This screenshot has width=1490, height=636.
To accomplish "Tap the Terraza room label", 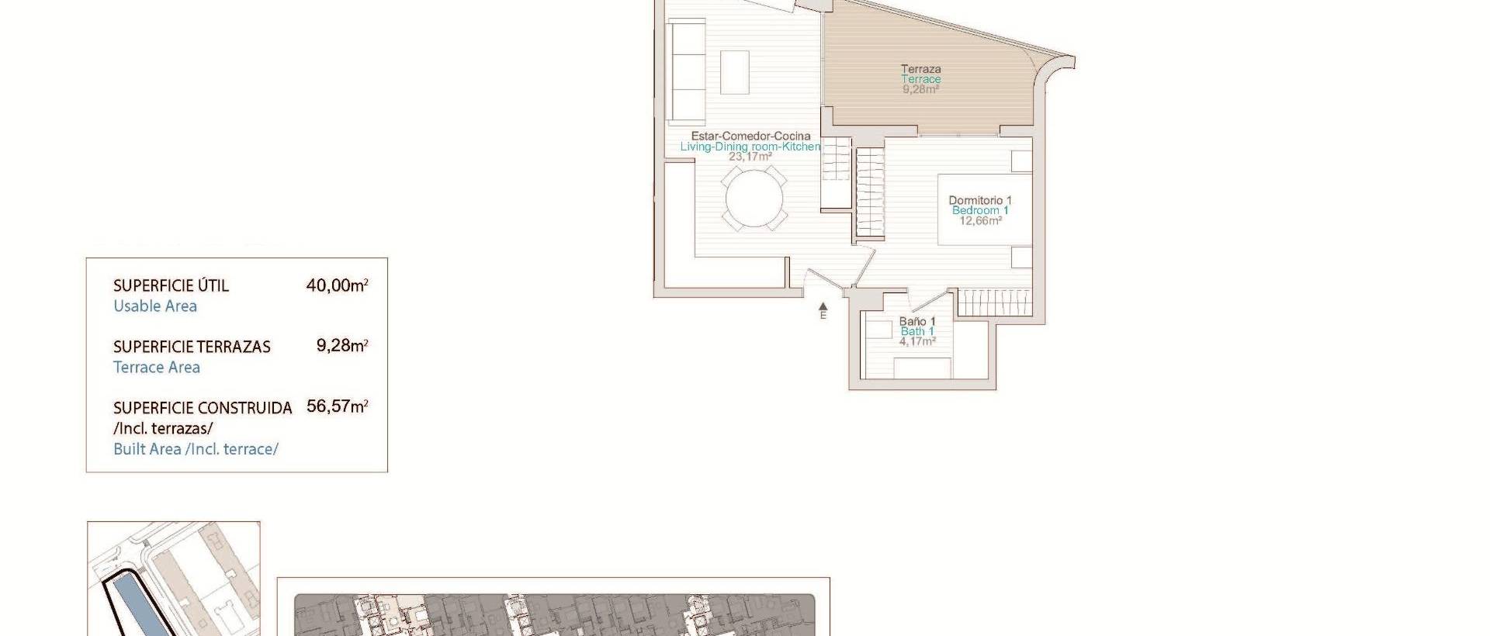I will [x=921, y=69].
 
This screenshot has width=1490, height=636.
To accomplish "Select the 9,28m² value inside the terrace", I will [x=921, y=89].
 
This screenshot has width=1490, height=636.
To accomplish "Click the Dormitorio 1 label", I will [x=980, y=200].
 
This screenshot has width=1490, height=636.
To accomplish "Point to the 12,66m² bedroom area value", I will [x=980, y=221].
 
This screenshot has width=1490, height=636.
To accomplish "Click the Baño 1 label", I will [x=917, y=321].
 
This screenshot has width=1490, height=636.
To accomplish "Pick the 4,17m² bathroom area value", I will [x=917, y=341].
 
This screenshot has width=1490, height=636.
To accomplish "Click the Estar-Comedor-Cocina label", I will [x=750, y=136].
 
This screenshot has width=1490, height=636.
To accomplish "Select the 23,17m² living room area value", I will [x=750, y=157].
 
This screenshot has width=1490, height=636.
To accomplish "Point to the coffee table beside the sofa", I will [x=735, y=72].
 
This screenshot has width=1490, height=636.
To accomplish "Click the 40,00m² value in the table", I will [x=337, y=285].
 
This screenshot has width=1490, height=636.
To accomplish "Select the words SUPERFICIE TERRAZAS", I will [x=192, y=347].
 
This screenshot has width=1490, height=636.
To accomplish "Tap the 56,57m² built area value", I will [x=337, y=406].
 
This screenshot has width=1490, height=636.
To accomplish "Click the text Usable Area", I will [x=155, y=306].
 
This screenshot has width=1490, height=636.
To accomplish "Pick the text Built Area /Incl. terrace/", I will [x=196, y=449].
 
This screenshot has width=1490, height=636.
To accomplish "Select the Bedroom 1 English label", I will [x=980, y=210].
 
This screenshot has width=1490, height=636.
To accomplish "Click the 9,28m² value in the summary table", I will [x=341, y=346].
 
